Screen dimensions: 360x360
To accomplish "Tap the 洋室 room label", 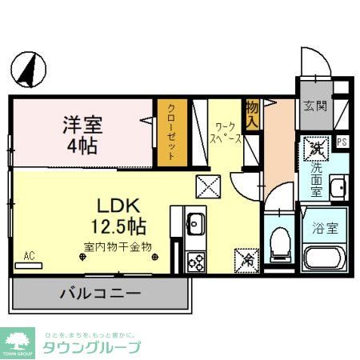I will [x=82, y=126].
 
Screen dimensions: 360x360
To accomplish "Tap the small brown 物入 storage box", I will [x=251, y=114].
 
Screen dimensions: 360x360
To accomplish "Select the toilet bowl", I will [x=281, y=241].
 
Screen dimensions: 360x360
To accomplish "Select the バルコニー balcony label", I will [x=101, y=294].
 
